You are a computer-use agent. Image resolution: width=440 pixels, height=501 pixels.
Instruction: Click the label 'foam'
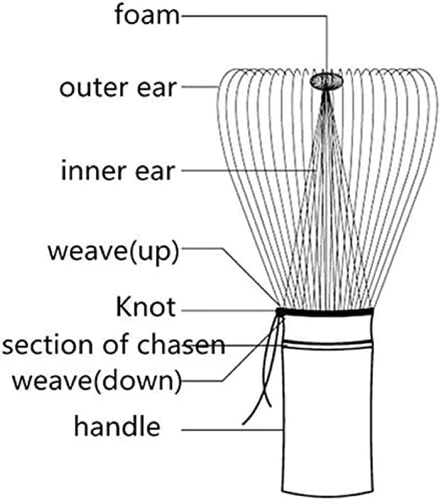147,15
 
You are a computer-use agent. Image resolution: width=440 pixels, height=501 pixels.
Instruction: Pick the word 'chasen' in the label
181,345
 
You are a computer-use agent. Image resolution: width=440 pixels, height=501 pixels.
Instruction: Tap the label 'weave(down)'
97,381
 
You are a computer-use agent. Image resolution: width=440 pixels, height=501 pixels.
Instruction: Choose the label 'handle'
117,427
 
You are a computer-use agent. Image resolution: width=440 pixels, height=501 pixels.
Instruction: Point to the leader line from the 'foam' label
254,15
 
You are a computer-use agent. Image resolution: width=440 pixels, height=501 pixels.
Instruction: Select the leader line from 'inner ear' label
247,170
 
